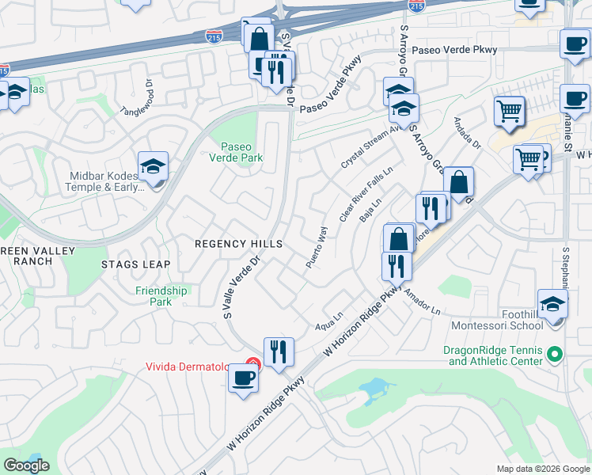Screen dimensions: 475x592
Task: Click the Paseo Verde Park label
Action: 241,152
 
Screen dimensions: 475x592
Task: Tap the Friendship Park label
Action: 161,296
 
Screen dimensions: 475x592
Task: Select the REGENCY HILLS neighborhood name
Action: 238,245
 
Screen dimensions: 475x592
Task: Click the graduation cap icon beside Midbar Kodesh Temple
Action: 153,166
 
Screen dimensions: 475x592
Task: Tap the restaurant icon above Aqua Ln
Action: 278,351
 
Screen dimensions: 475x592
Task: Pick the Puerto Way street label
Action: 317,246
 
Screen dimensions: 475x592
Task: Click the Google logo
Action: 26,465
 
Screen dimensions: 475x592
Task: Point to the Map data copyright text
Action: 542,469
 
